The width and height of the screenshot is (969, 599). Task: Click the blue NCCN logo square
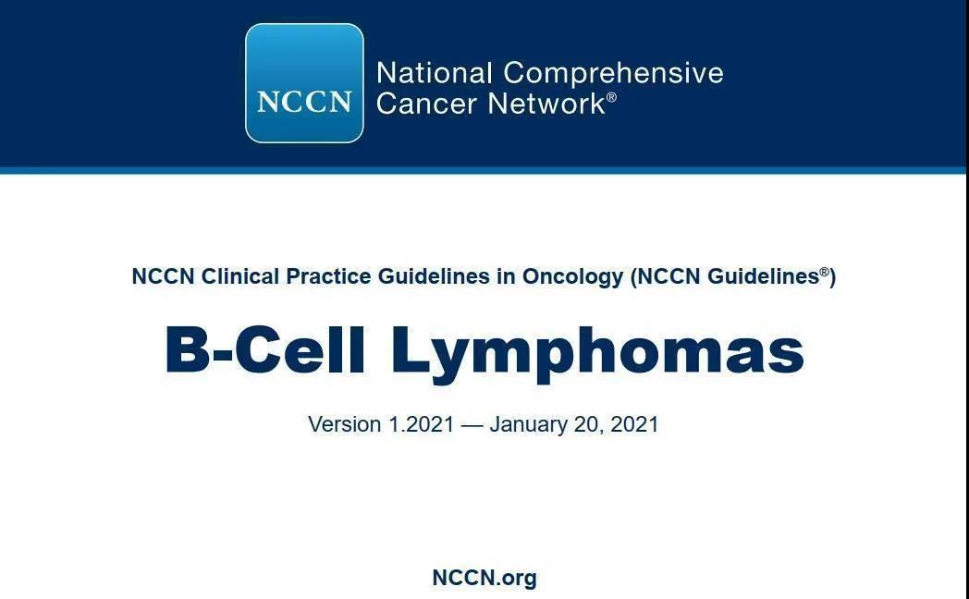(x=304, y=83)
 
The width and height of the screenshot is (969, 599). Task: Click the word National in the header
(x=435, y=73)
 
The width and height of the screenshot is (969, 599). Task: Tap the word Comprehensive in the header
(x=613, y=74)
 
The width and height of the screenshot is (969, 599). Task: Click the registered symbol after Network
(x=611, y=97)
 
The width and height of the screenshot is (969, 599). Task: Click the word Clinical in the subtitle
(x=240, y=276)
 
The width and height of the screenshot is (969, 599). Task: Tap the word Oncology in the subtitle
(x=573, y=277)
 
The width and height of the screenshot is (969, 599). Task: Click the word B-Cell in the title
(x=265, y=349)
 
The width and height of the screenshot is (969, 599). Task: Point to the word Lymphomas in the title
(x=597, y=354)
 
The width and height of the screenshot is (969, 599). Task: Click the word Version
(x=345, y=424)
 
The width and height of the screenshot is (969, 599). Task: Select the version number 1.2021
(x=422, y=424)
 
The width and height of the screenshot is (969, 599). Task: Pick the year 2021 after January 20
(x=634, y=424)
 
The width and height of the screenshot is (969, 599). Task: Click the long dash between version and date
(x=472, y=425)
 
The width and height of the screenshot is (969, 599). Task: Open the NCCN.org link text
(x=484, y=578)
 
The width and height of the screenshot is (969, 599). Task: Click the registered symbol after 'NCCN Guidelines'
(x=825, y=272)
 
